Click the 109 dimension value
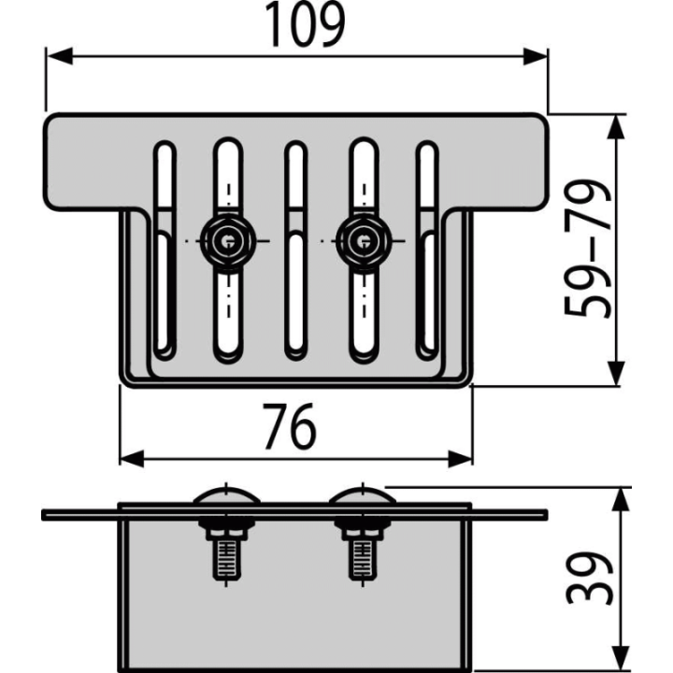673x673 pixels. pyautogui.click(x=305, y=24)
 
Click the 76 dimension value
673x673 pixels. pyautogui.click(x=289, y=426)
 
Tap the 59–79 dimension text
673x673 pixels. pyautogui.click(x=587, y=249)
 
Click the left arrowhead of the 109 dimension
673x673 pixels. pyautogui.click(x=60, y=56)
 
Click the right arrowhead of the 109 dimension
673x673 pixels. pyautogui.click(x=535, y=56)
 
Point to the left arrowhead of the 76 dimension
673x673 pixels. pyautogui.click(x=132, y=458)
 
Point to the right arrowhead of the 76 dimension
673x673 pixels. pyautogui.click(x=460, y=458)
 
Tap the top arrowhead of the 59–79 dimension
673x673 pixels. pyautogui.click(x=616, y=127)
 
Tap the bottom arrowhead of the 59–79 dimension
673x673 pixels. pyautogui.click(x=616, y=373)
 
